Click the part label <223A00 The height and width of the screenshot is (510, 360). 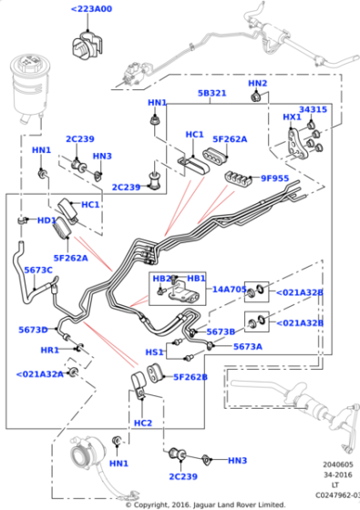[x=91, y=9]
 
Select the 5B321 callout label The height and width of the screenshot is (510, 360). [x=211, y=94]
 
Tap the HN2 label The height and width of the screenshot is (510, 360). [x=258, y=83]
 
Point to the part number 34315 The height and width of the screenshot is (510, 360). [x=313, y=109]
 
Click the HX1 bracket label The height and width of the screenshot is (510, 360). [x=292, y=117]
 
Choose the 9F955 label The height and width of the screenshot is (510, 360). [x=276, y=178]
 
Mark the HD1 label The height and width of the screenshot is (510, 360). [x=46, y=220]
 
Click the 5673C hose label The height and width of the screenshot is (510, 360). [x=38, y=270]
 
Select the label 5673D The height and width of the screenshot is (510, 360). [x=34, y=330]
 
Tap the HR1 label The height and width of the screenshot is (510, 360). [x=49, y=350]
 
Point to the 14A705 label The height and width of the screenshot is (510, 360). [x=230, y=290]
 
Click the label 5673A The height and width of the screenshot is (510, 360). [x=247, y=346]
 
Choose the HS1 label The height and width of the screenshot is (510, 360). [x=154, y=352]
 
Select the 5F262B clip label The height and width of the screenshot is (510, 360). [x=190, y=377]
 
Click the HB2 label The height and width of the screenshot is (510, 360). [x=162, y=278]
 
